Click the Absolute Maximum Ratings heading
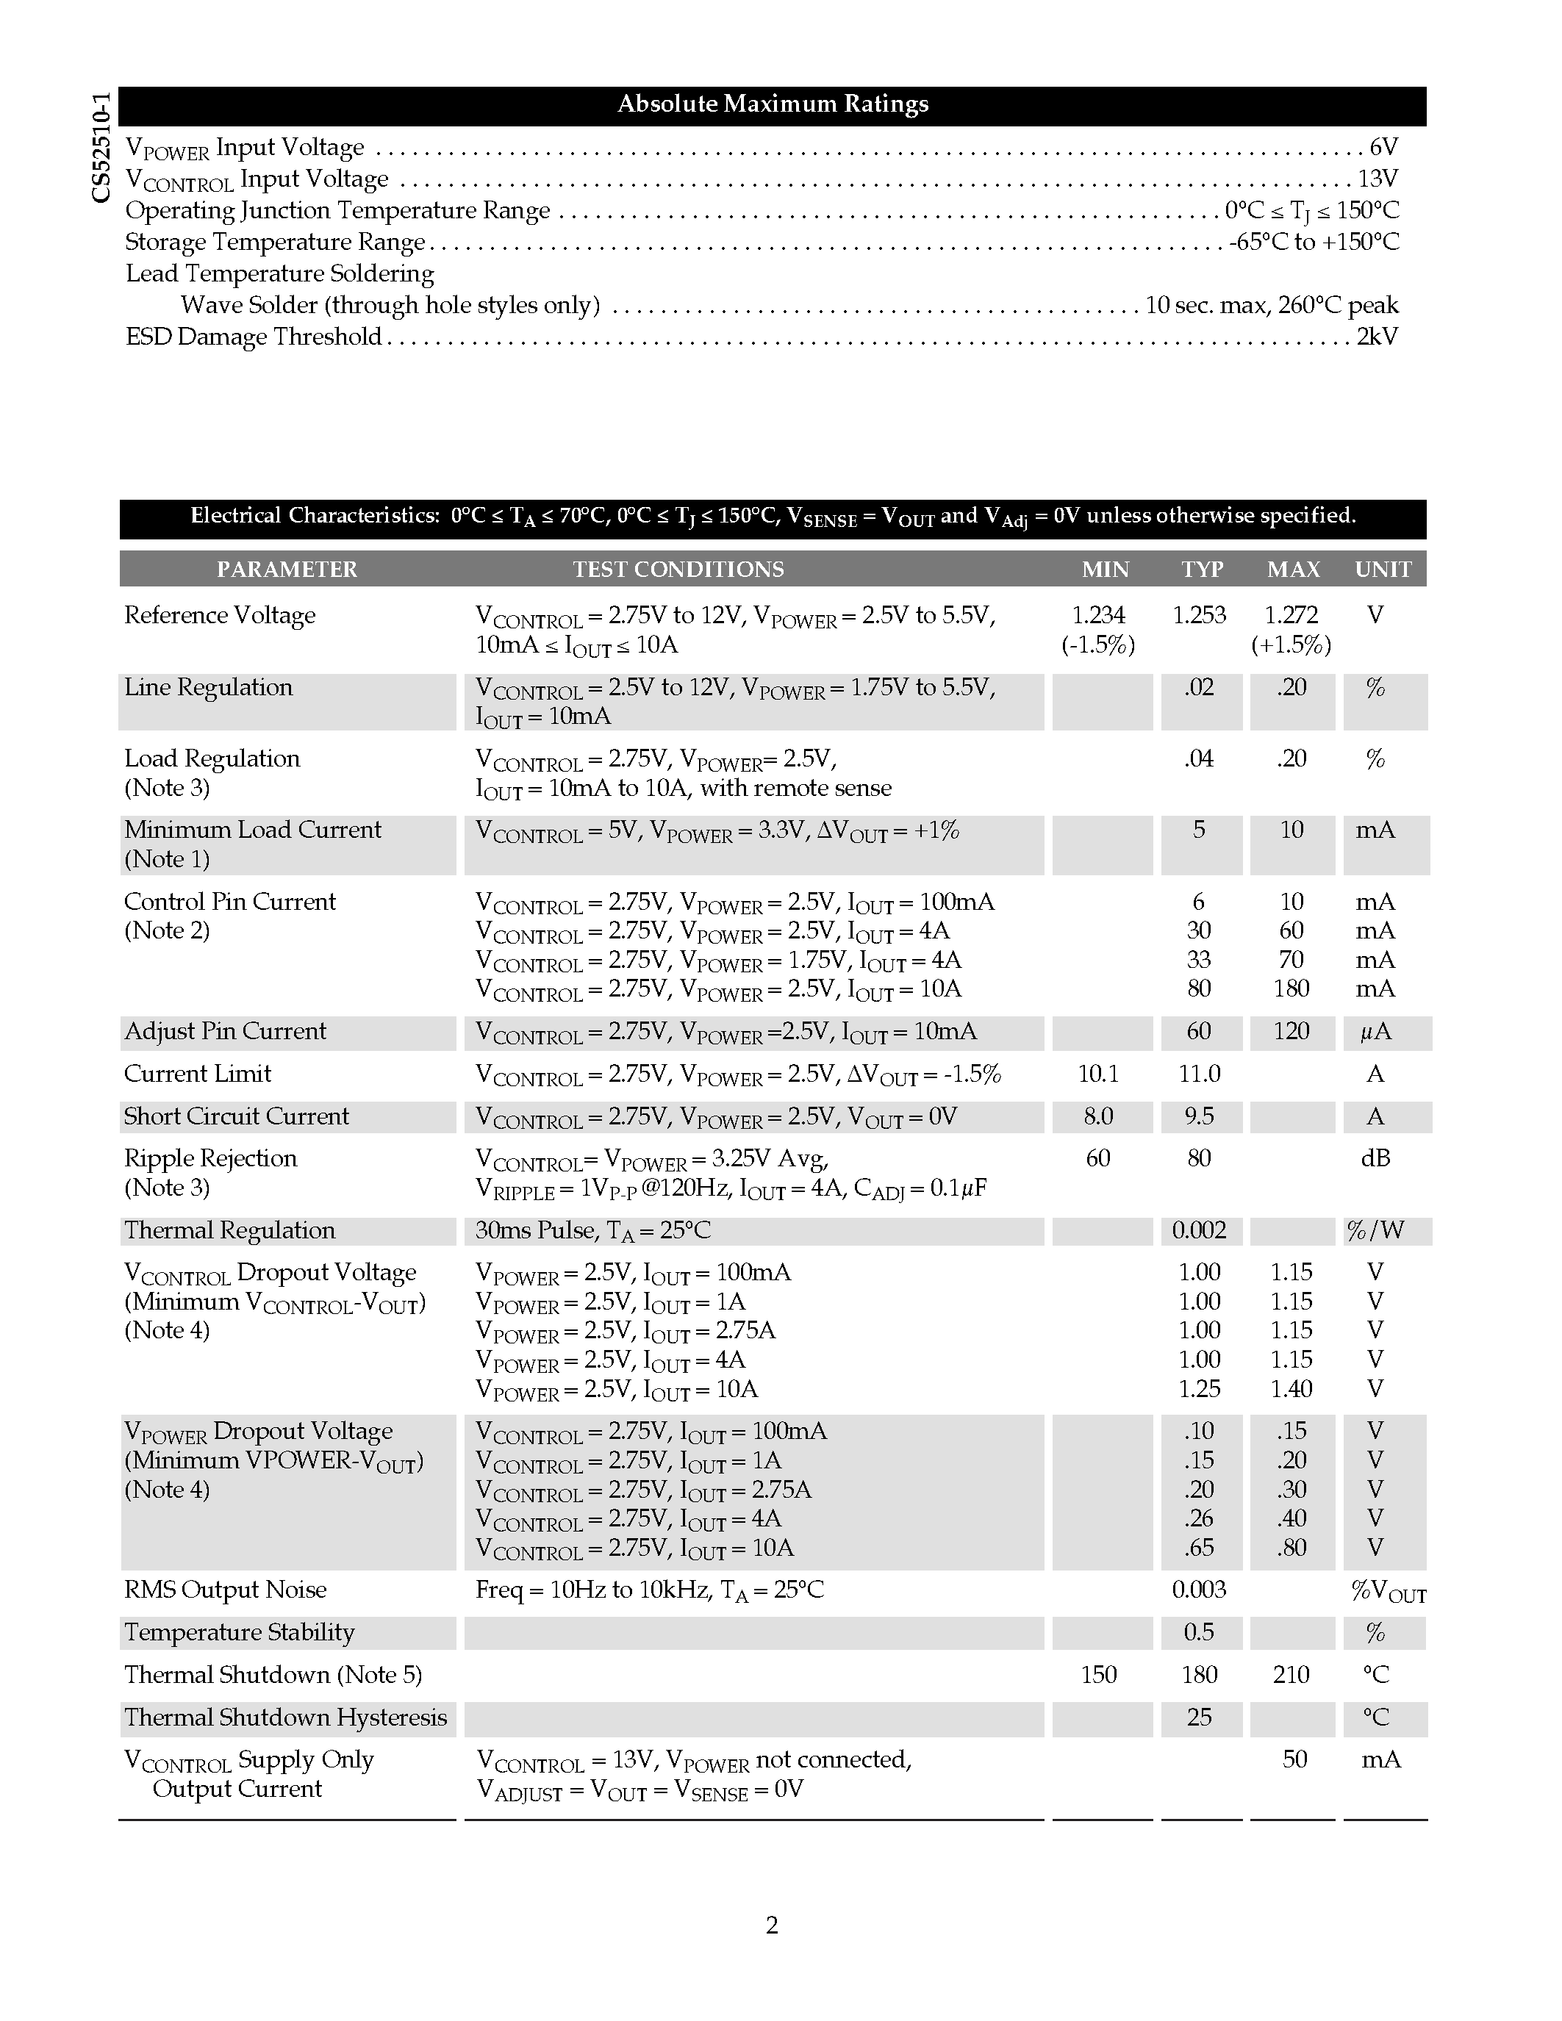[x=773, y=104]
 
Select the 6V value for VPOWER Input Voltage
[x=1383, y=147]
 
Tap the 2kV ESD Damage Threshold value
[x=1377, y=336]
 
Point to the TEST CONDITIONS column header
[x=678, y=569]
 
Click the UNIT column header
[x=1383, y=569]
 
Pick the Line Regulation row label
[x=208, y=688]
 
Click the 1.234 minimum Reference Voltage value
[x=1097, y=615]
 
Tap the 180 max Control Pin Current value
[x=1291, y=989]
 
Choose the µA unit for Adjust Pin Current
[x=1375, y=1032]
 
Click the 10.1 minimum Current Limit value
[x=1097, y=1074]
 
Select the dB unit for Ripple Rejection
[x=1375, y=1158]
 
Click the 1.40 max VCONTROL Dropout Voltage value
[x=1291, y=1389]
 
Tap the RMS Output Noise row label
[x=226, y=1590]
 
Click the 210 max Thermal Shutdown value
[x=1291, y=1675]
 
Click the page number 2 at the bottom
[x=772, y=1925]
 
